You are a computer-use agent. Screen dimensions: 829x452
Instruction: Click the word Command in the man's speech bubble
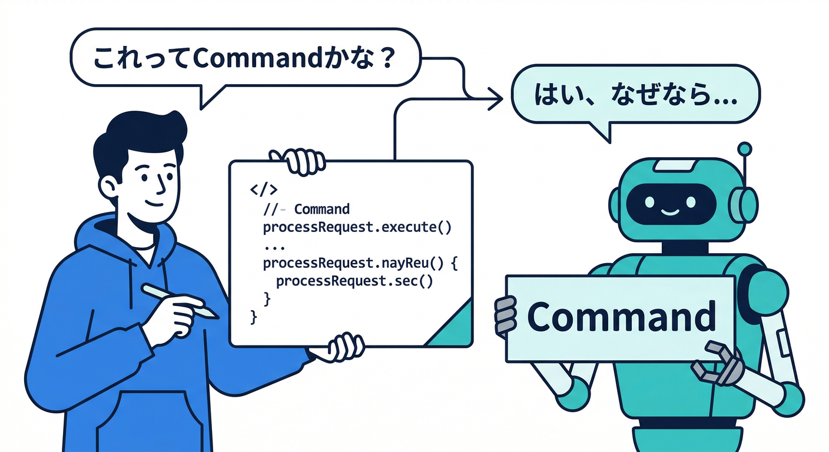pos(257,58)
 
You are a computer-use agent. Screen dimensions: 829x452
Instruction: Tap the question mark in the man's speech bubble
pos(387,58)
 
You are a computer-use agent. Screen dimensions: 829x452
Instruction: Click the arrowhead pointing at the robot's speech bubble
pos(495,99)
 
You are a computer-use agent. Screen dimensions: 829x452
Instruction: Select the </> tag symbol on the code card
pos(264,189)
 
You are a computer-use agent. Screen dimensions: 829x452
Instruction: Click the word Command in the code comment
pos(321,209)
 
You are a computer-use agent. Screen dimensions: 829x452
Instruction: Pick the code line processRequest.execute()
pos(357,227)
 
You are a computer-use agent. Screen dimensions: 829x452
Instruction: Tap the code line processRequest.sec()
pos(354,281)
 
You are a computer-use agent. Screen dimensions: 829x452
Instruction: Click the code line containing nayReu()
pos(360,263)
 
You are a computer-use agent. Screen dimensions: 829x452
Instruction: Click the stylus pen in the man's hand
pos(180,301)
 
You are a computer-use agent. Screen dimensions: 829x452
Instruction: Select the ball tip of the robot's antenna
pos(744,149)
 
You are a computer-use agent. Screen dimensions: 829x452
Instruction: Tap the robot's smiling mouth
pos(670,212)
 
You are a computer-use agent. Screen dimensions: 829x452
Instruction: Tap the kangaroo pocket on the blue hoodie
pos(152,421)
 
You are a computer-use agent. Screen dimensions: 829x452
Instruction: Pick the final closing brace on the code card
pos(254,317)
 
